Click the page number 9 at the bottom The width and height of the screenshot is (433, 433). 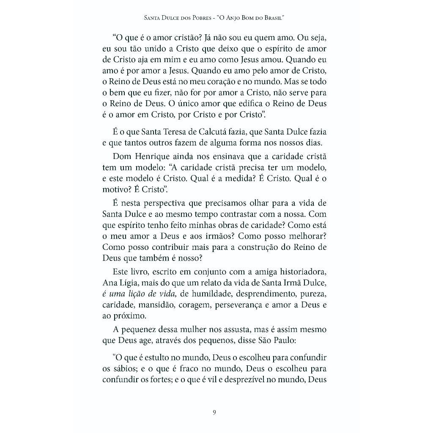214,412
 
